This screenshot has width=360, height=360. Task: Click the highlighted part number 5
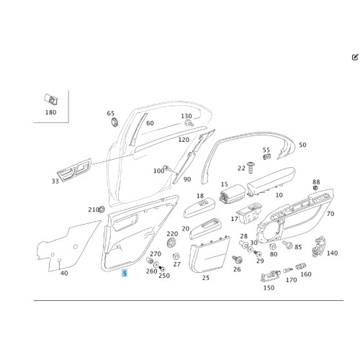(x=125, y=273)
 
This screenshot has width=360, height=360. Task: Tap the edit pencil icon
(x=355, y=57)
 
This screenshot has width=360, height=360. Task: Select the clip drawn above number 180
(x=51, y=99)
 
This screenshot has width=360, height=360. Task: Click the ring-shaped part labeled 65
(x=114, y=122)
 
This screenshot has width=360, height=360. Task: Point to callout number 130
(x=186, y=116)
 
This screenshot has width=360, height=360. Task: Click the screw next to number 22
(x=251, y=168)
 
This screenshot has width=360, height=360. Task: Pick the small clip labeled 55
(x=267, y=157)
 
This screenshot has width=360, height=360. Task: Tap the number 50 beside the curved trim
(x=302, y=145)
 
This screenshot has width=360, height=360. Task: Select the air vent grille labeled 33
(x=74, y=170)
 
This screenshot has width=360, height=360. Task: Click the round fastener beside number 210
(x=102, y=210)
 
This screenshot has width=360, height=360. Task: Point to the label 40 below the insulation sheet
(x=64, y=273)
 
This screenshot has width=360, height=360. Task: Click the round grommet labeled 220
(x=171, y=243)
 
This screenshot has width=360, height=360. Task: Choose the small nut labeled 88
(x=316, y=188)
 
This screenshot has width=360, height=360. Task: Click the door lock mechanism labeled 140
(x=318, y=246)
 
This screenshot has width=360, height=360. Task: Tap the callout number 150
(x=269, y=287)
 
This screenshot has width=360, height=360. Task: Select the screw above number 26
(x=238, y=259)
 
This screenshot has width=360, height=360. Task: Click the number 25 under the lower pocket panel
(x=206, y=278)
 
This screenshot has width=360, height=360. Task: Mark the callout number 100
(x=158, y=171)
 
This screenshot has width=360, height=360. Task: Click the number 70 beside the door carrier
(x=330, y=214)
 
